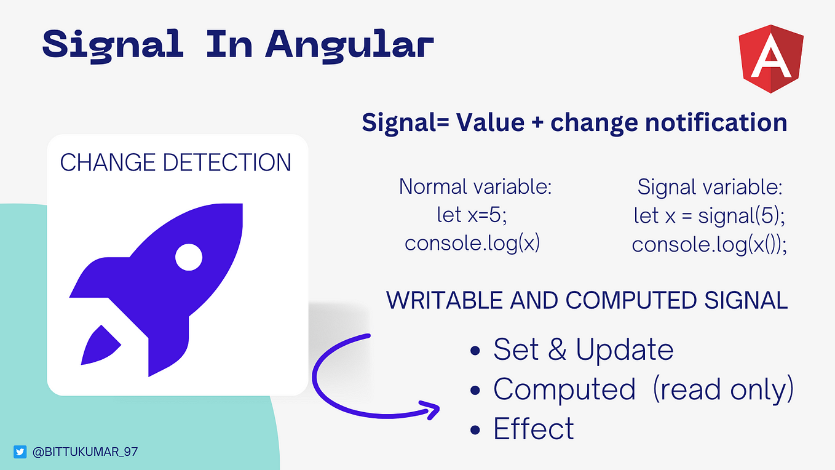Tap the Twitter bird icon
20,452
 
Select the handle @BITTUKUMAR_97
85,452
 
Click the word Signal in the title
113,46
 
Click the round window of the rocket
189,257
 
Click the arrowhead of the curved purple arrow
430,410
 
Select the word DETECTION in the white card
227,162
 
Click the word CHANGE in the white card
108,162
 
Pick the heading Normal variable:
475,186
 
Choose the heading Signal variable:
710,187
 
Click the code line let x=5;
472,215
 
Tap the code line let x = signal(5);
710,216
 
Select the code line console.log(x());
710,245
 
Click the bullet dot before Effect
475,430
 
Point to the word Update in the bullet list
624,350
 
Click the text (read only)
723,390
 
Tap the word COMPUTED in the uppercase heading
631,300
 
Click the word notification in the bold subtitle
716,122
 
